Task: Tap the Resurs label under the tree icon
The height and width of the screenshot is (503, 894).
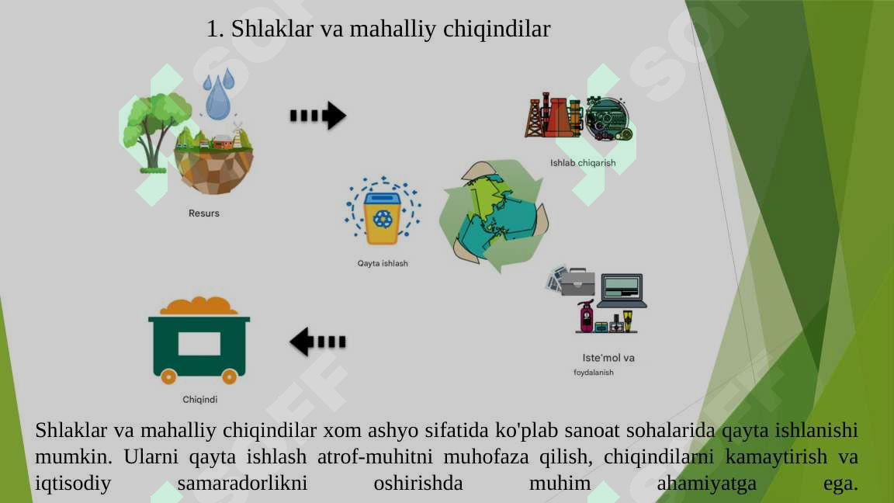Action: click(204, 213)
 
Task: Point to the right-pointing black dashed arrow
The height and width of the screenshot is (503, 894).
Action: click(317, 116)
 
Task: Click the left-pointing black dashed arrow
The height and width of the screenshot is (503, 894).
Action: click(317, 342)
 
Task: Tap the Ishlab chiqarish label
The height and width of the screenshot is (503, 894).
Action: click(583, 163)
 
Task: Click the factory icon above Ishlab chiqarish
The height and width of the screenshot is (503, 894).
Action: click(554, 116)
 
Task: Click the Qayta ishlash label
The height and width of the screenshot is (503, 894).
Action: click(383, 264)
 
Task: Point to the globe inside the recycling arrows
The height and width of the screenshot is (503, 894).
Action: click(494, 215)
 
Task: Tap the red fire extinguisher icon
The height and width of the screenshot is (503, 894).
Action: click(585, 316)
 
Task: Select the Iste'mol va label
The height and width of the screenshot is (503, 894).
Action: click(608, 358)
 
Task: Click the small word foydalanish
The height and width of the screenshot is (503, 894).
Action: click(594, 373)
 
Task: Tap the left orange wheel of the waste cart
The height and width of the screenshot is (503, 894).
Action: click(168, 376)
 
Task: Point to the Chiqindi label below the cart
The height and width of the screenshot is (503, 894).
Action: click(199, 400)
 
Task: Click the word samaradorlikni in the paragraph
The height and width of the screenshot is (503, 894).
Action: click(242, 484)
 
